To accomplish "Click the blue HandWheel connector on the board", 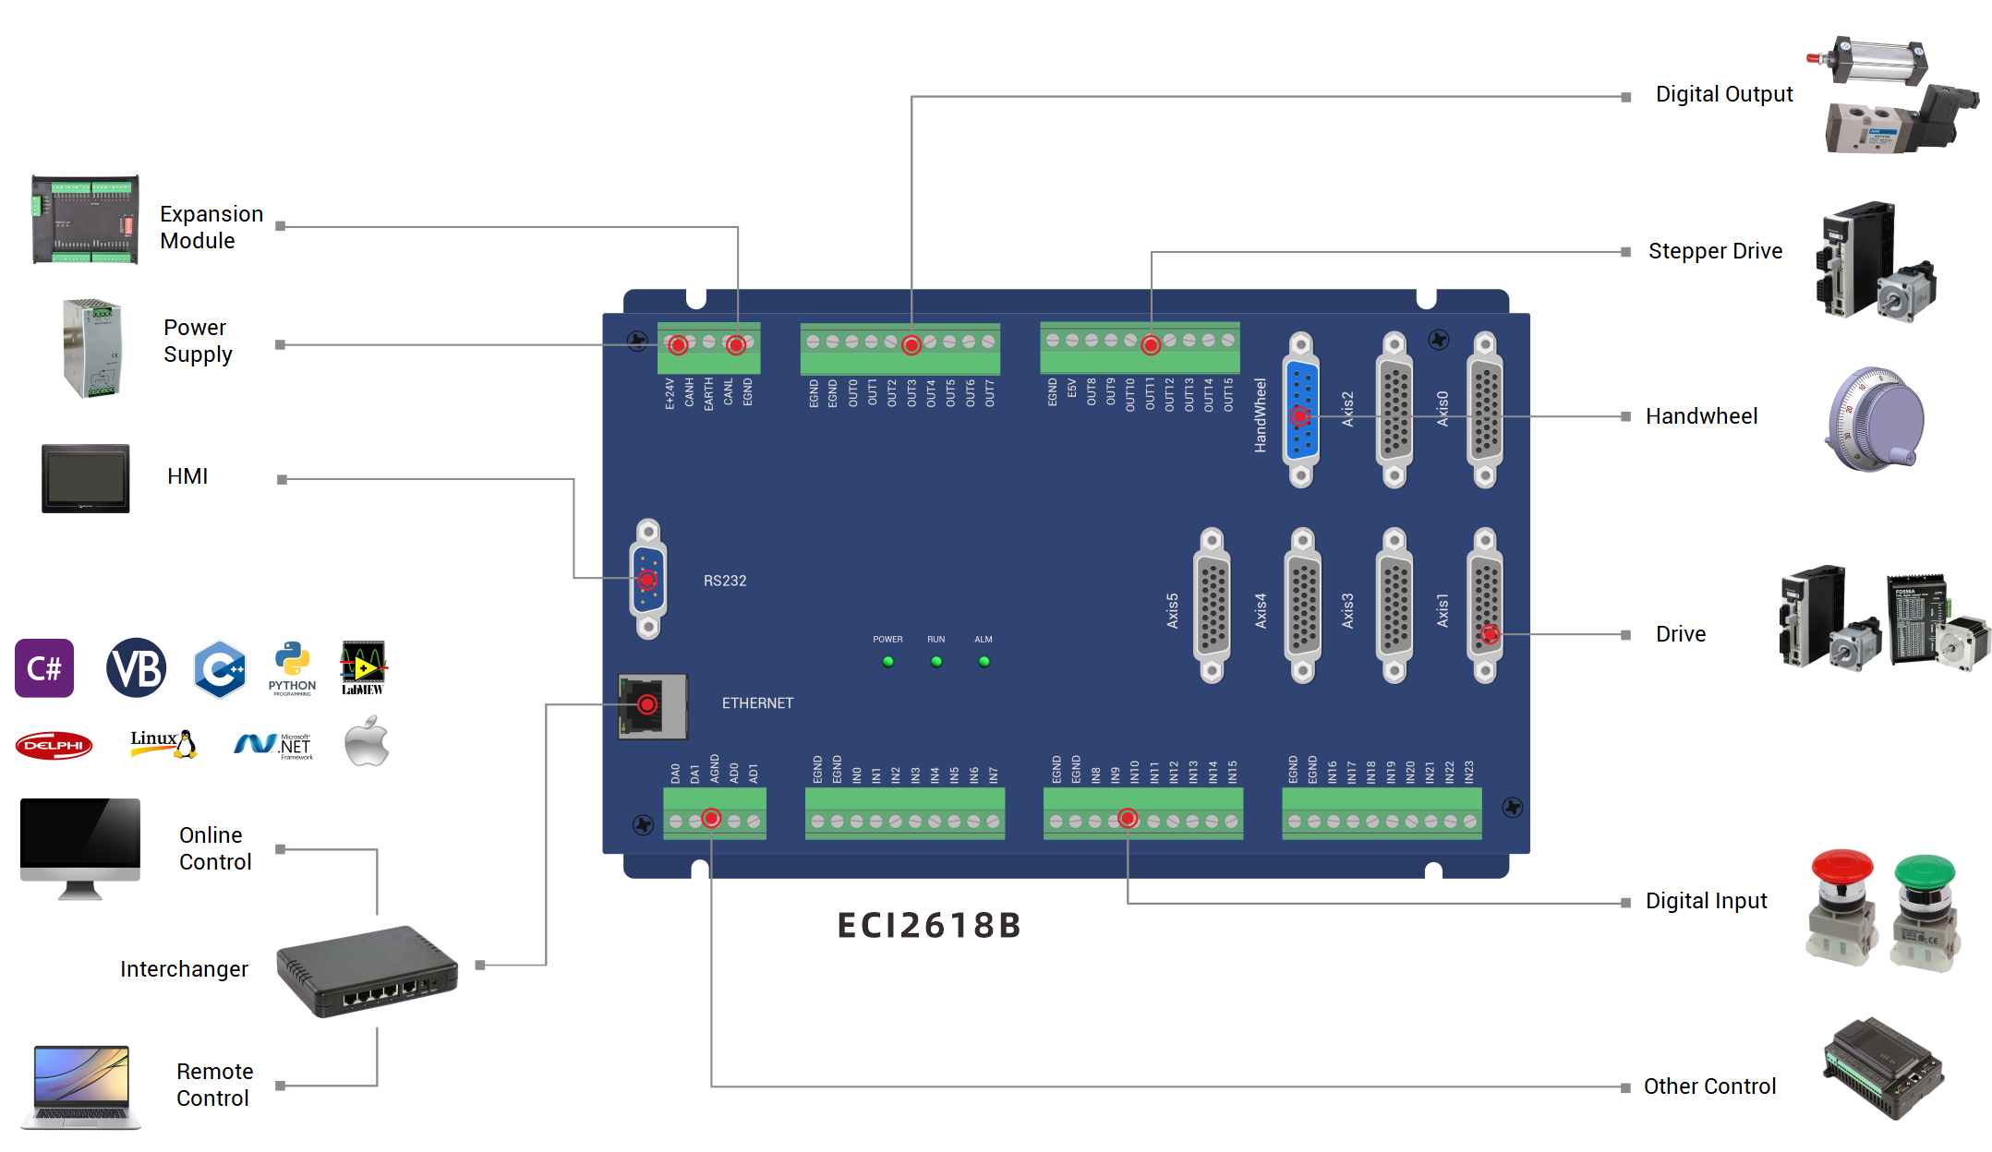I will [x=1300, y=412].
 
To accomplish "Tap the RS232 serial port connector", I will [x=648, y=580].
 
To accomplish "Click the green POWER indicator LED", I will [x=887, y=662].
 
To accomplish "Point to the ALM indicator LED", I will [x=984, y=662].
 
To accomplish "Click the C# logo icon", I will [x=44, y=667].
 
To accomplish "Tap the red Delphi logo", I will [x=54, y=745].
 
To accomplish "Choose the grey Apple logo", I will [x=367, y=743].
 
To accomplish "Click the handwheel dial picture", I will [x=1875, y=420].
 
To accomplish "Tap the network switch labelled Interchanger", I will [x=368, y=971].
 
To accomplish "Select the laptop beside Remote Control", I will [x=81, y=1086].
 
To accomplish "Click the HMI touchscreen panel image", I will [x=85, y=478].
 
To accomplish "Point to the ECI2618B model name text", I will [x=928, y=925].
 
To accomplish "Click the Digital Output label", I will [x=1723, y=94].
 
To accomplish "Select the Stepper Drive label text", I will [x=1715, y=251].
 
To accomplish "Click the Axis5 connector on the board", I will [x=1212, y=606].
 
